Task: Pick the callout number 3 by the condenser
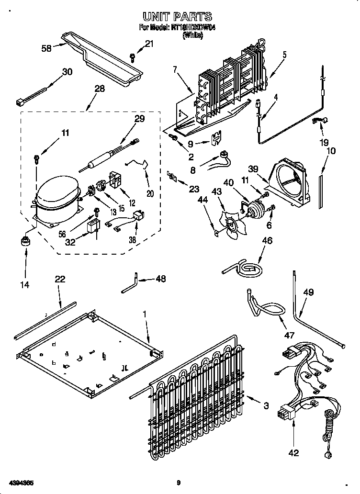pos(266,406)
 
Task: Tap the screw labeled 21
pos(133,58)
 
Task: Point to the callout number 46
pos(267,241)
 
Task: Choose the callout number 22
pos(60,279)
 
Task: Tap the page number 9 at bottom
pos(178,483)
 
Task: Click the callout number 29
pos(138,119)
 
